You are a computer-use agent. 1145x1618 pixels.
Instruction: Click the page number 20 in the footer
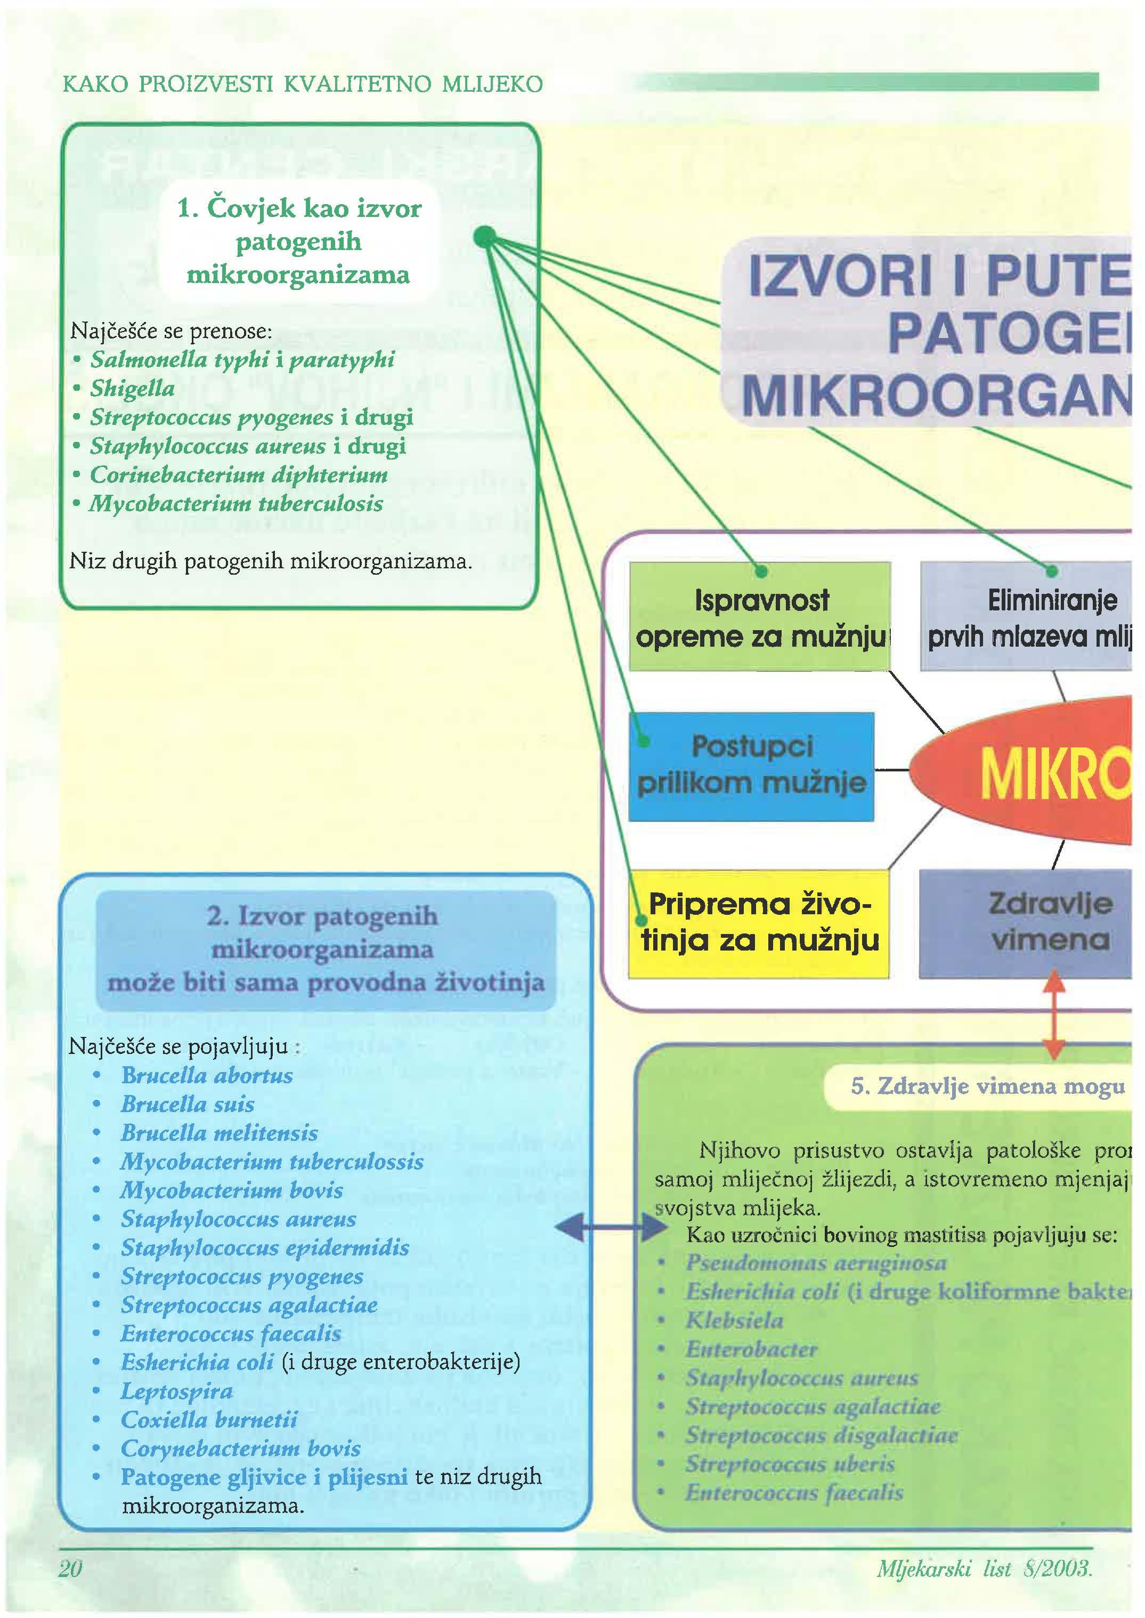[x=70, y=1567]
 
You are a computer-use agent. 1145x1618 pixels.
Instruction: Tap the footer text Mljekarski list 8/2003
[x=984, y=1568]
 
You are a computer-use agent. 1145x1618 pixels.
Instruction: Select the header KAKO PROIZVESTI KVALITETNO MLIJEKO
[x=303, y=85]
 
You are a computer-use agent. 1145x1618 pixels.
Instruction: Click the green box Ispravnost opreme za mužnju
[x=759, y=616]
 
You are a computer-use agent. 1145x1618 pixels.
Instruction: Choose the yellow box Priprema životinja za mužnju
[x=759, y=923]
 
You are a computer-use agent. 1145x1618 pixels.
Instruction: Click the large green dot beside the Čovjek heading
[x=484, y=237]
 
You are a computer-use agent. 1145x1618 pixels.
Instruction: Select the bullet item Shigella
[x=132, y=389]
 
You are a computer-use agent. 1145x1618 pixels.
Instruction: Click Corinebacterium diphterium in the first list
[x=238, y=474]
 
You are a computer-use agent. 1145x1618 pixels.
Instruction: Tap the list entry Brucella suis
[x=188, y=1104]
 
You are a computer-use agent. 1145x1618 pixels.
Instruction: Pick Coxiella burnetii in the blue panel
[x=209, y=1419]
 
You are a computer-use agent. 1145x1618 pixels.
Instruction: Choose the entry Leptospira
[x=176, y=1391]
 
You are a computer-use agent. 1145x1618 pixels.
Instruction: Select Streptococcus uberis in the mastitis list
[x=790, y=1463]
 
